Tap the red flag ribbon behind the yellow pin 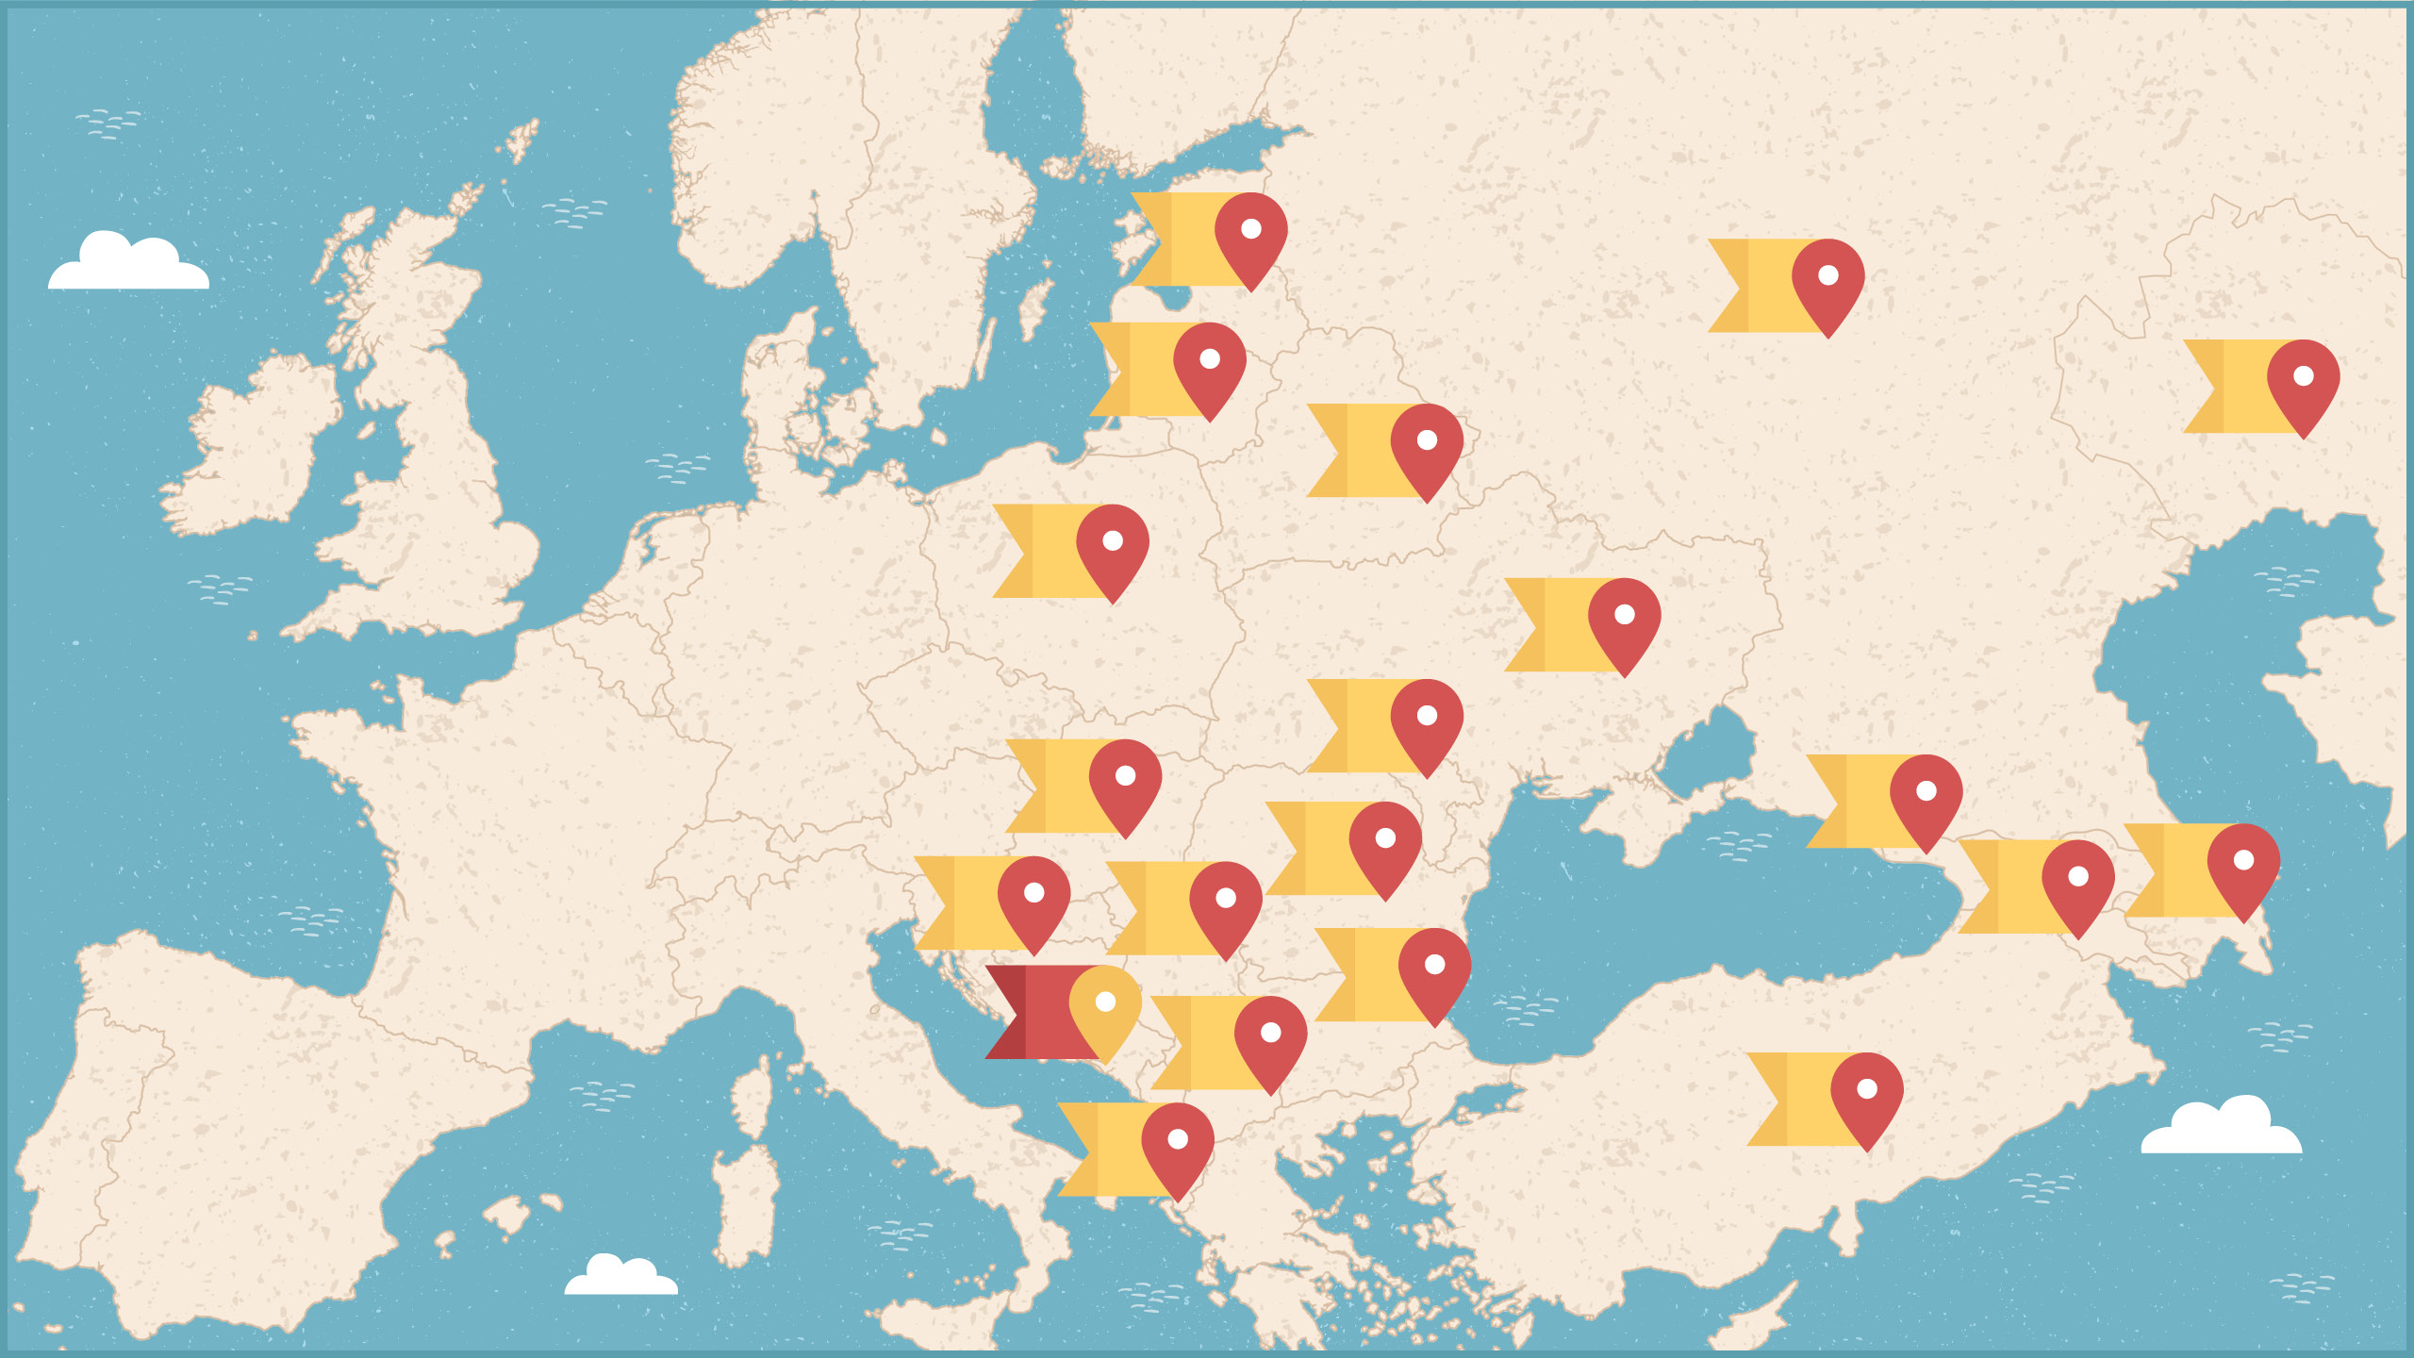(x=1033, y=1012)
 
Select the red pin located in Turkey (x=1867, y=1093)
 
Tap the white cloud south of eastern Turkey (x=2222, y=1128)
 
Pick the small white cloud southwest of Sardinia (x=620, y=1277)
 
